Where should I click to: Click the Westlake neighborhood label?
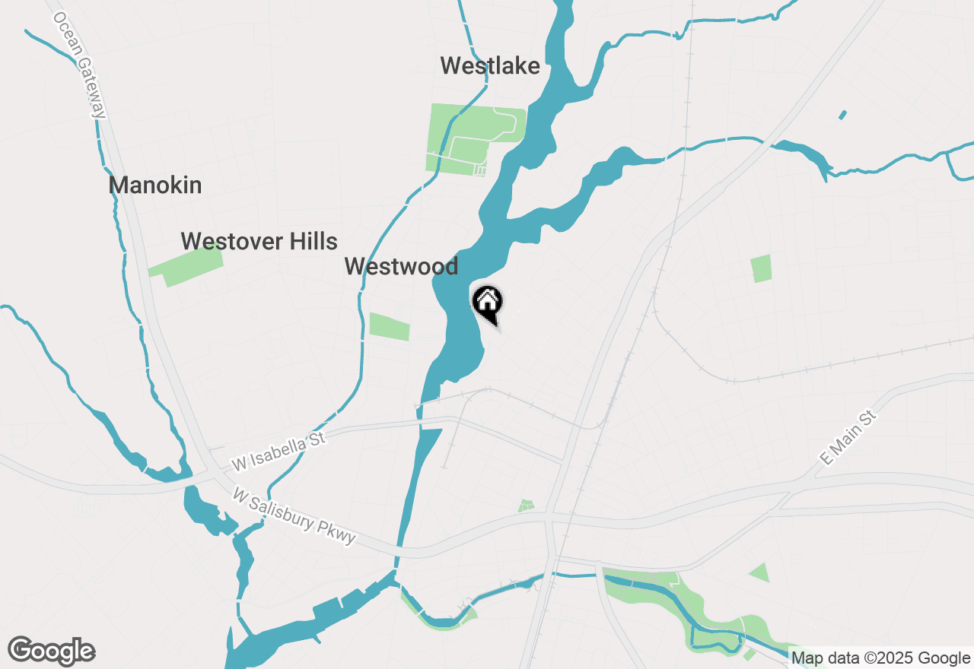click(x=490, y=66)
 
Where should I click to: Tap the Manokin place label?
click(x=155, y=185)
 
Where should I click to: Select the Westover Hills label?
click(x=259, y=242)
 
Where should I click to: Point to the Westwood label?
click(x=401, y=267)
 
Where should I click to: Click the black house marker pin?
click(x=488, y=303)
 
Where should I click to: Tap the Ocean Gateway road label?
click(x=81, y=65)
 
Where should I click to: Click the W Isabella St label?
click(x=279, y=451)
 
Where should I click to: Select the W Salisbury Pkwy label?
click(x=294, y=516)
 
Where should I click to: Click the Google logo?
click(x=52, y=651)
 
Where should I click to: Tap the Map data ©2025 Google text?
click(x=880, y=658)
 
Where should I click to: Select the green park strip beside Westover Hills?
click(x=186, y=266)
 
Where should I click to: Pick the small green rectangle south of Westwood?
click(x=389, y=326)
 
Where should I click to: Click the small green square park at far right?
click(x=761, y=268)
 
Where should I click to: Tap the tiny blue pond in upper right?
click(x=842, y=115)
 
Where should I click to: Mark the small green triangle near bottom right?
click(x=759, y=572)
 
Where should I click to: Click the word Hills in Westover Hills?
click(x=310, y=242)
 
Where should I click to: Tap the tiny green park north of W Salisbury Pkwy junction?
click(x=526, y=506)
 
